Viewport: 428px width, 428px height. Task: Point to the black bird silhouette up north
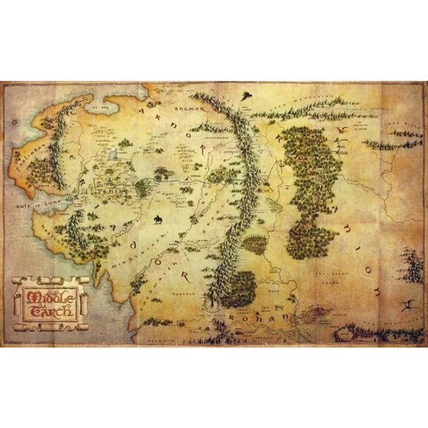(247, 96)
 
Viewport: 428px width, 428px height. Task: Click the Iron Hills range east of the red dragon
(393, 142)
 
